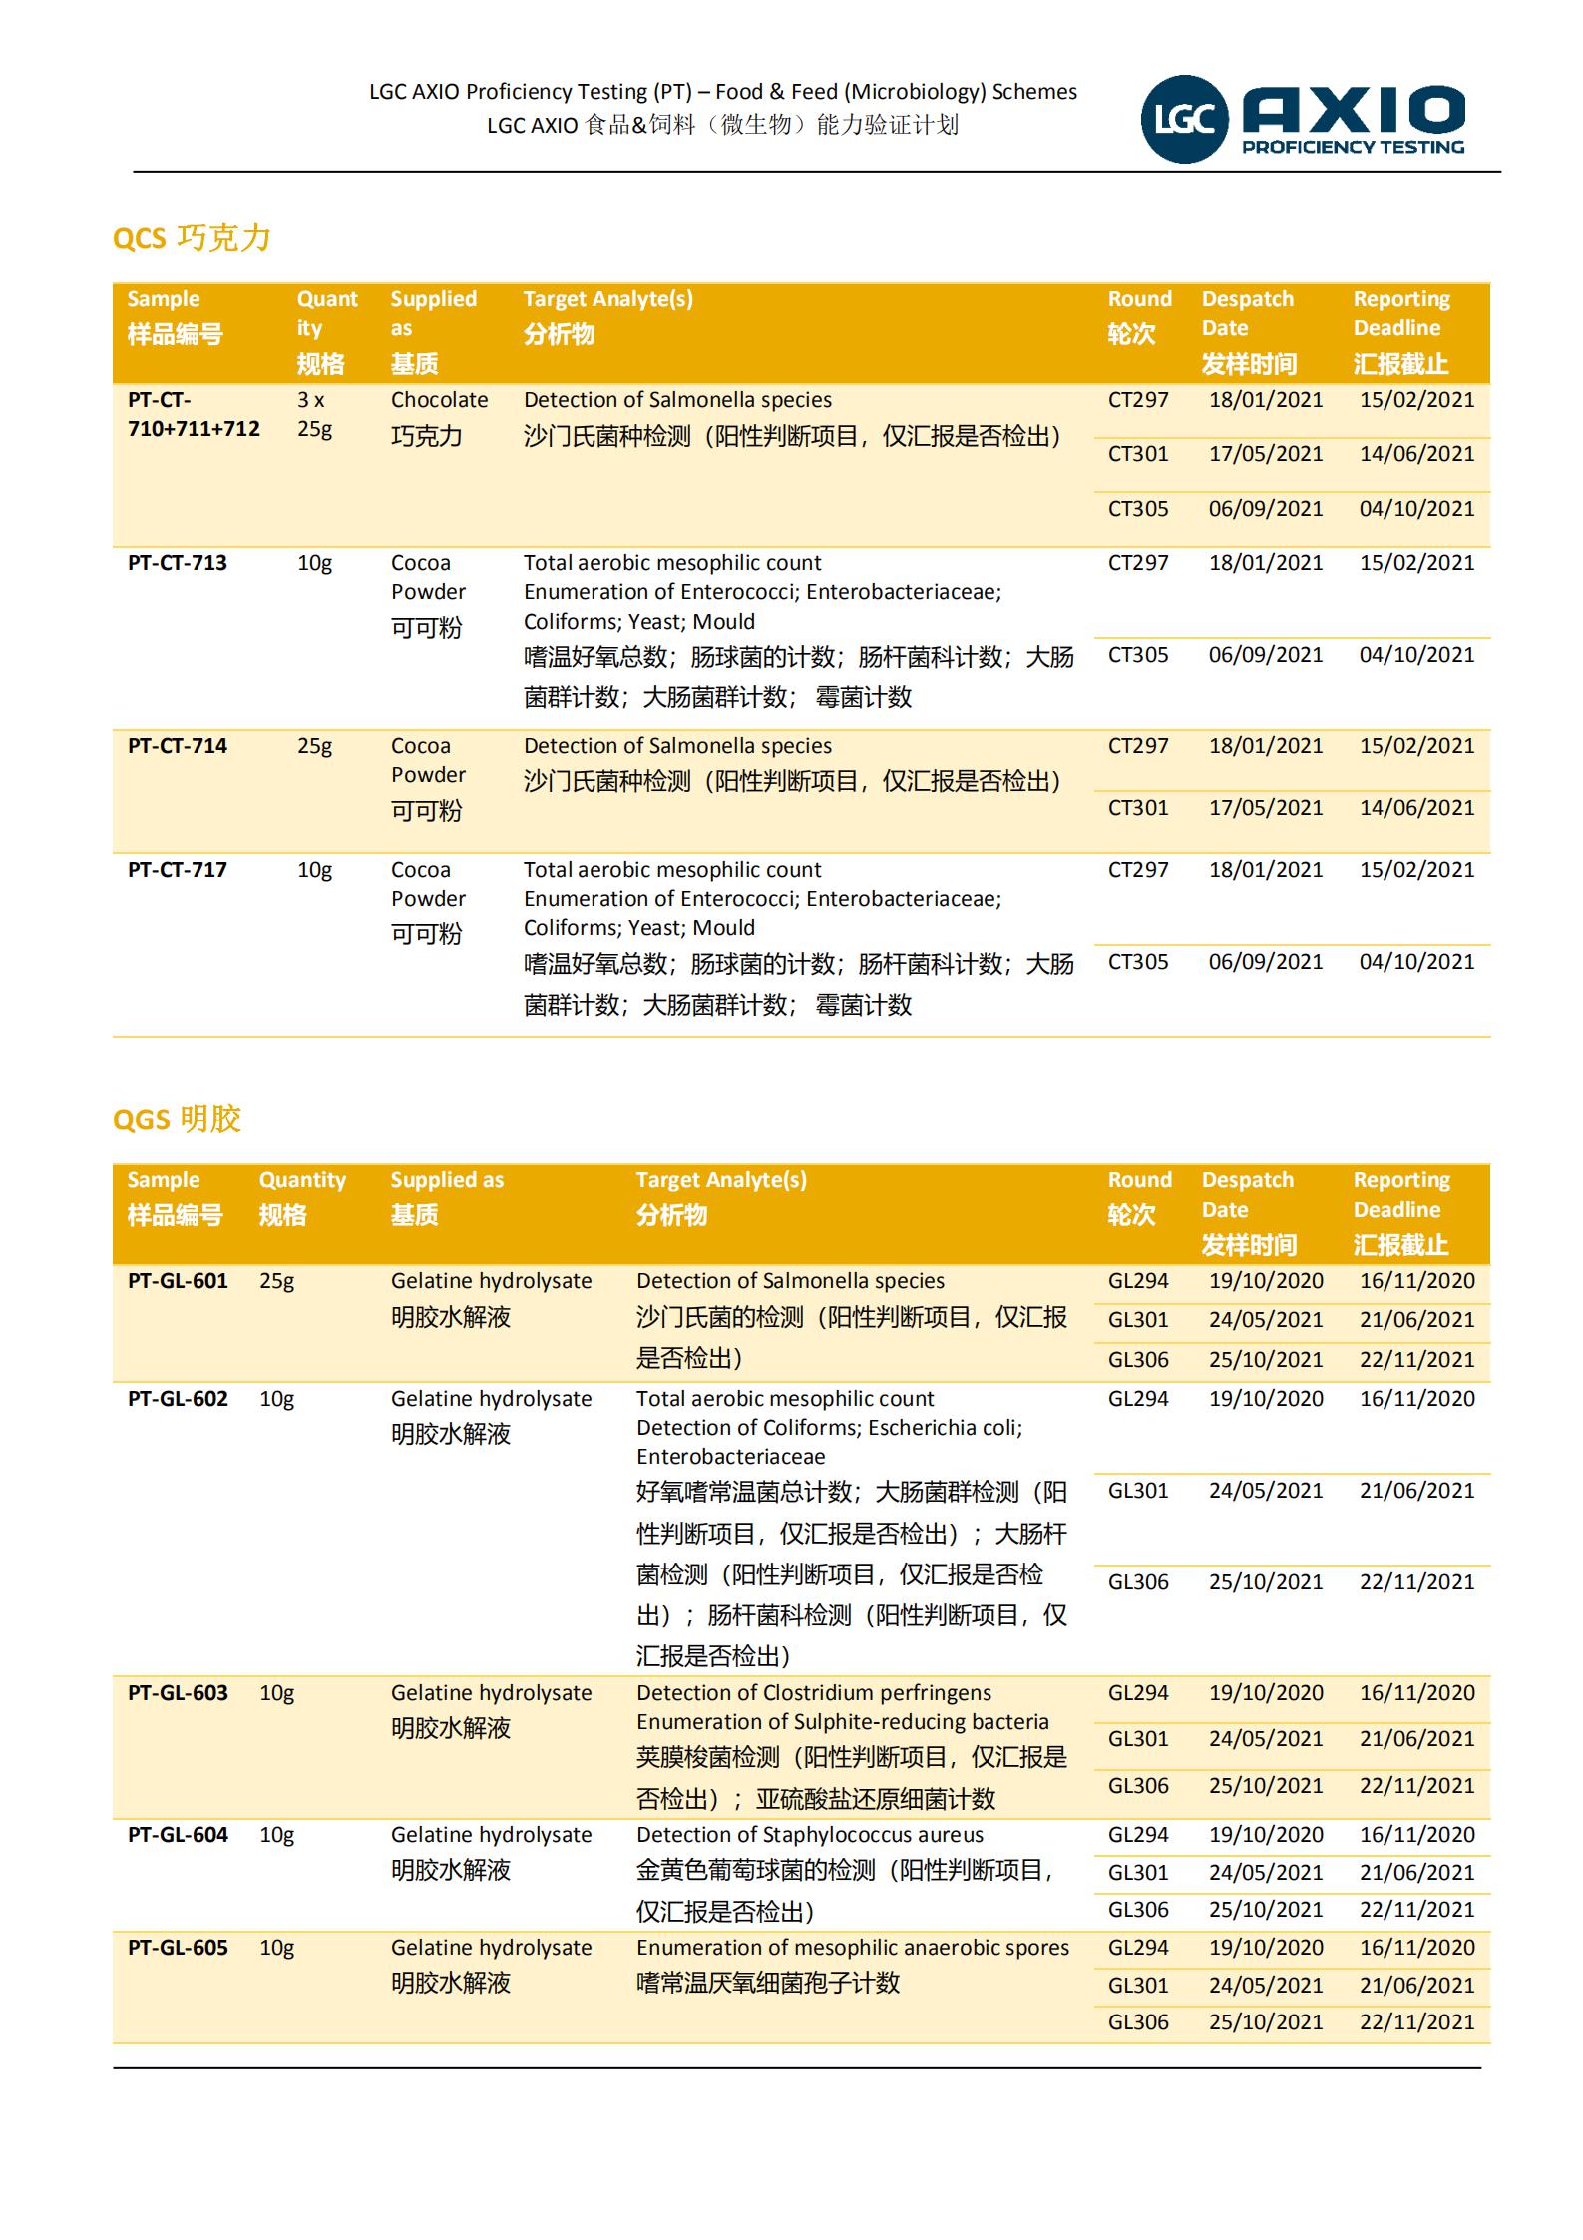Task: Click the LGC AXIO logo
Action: (1303, 119)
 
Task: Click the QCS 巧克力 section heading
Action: (192, 238)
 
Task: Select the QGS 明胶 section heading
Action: (178, 1120)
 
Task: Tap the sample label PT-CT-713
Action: (178, 563)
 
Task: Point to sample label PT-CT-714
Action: (178, 746)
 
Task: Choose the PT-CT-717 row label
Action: (178, 870)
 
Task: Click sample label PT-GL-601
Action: (178, 1281)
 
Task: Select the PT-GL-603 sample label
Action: (178, 1693)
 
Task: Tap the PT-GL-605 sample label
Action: (178, 1948)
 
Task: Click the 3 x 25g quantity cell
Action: (314, 414)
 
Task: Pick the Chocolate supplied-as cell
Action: (439, 400)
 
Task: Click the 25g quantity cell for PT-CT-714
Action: (314, 746)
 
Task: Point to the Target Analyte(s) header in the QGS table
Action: (721, 1180)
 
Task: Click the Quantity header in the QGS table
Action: (302, 1180)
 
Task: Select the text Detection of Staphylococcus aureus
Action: (810, 1835)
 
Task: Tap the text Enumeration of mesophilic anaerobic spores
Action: (853, 1948)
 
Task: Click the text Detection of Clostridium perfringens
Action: (814, 1693)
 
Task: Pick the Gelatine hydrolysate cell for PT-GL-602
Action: (491, 1399)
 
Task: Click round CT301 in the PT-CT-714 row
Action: (1138, 808)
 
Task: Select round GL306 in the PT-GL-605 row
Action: (1138, 2022)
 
